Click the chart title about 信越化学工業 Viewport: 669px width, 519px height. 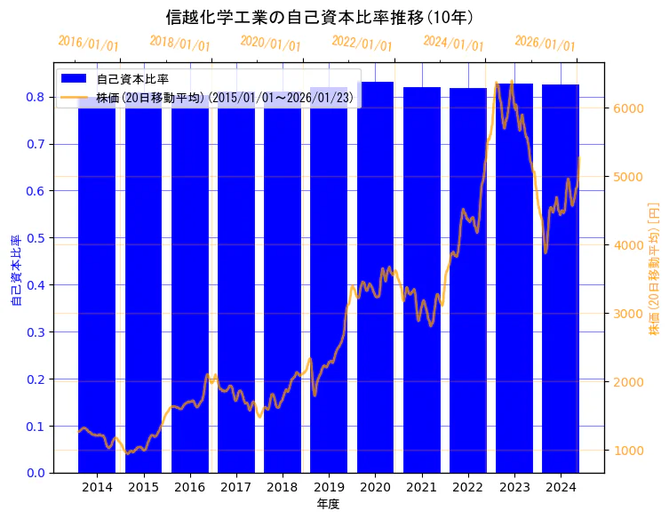click(319, 17)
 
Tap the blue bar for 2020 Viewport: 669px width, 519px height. click(375, 284)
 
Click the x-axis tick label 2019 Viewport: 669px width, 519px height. click(329, 487)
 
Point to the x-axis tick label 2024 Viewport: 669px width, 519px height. click(561, 487)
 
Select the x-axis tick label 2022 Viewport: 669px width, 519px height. click(467, 487)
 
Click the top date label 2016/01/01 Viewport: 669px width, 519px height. click(88, 44)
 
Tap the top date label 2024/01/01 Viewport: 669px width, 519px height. click(453, 44)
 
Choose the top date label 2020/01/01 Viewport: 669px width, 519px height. click(271, 44)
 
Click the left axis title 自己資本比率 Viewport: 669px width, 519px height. click(15, 270)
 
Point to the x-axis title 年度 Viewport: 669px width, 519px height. click(328, 504)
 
